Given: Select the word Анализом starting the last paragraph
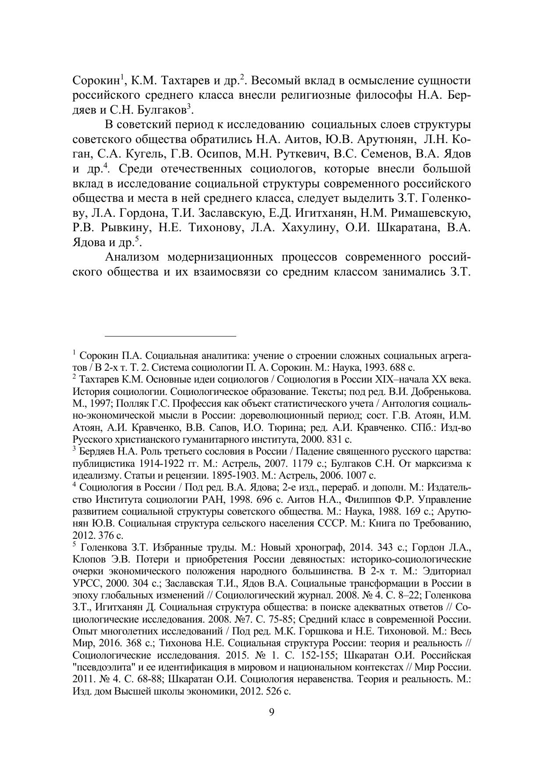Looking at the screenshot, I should coord(132,257).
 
